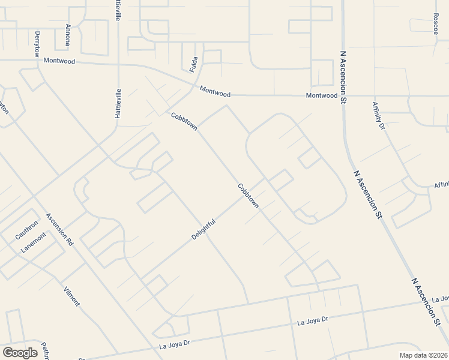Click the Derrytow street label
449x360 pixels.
(x=37, y=44)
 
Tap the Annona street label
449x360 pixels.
(x=68, y=35)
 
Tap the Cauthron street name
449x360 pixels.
(x=27, y=230)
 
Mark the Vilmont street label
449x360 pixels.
(x=71, y=296)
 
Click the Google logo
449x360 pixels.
(x=20, y=353)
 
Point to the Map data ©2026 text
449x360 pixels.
(x=423, y=355)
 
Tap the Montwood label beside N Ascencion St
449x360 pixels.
(x=322, y=95)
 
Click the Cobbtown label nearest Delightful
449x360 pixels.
(x=248, y=196)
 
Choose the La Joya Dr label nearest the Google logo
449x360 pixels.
(x=174, y=344)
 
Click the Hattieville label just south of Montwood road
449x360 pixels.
(x=118, y=103)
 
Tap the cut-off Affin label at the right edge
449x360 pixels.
(x=441, y=185)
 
